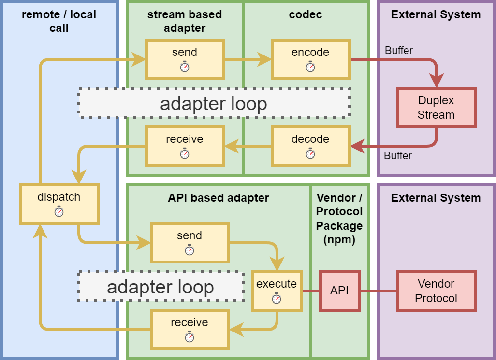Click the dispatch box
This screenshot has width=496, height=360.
tap(59, 204)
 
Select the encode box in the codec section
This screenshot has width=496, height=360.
tap(310, 59)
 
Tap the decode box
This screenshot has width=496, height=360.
tap(310, 146)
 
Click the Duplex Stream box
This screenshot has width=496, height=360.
tap(436, 108)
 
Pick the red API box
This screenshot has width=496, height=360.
tap(339, 291)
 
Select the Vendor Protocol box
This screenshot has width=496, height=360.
tap(436, 291)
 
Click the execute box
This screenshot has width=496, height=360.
tap(277, 291)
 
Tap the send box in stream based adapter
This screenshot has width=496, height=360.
tap(185, 59)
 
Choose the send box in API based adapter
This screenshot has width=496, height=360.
tap(190, 242)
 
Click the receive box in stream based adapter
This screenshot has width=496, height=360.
tap(185, 146)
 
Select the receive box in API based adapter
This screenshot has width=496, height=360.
tap(190, 329)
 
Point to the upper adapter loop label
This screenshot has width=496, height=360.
tap(214, 103)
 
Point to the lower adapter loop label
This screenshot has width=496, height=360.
tap(160, 287)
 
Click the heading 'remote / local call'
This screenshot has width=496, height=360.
tap(59, 21)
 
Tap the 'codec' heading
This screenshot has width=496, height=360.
tap(306, 14)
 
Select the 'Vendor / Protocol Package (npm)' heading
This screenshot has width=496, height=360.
tap(339, 219)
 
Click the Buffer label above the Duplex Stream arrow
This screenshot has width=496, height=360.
tap(398, 50)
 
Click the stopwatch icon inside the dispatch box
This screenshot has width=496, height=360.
tap(59, 211)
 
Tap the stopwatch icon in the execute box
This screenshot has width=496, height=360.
tap(277, 299)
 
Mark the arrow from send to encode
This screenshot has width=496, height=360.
tap(248, 59)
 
